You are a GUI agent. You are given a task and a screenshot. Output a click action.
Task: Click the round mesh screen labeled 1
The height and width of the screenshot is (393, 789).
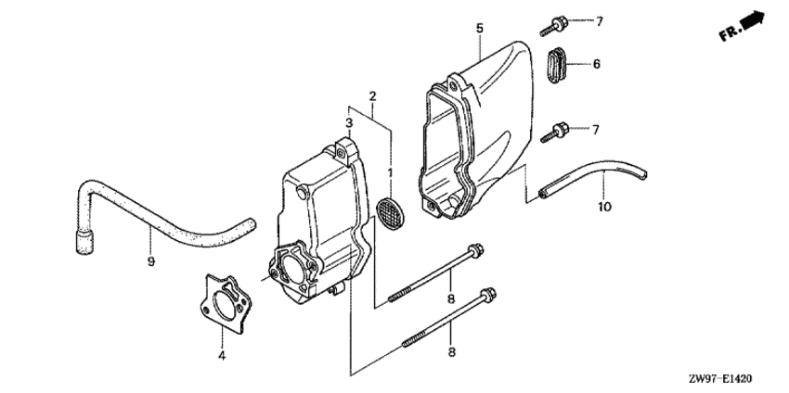coord(391,213)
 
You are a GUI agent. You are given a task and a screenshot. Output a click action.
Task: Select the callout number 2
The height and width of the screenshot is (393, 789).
coord(372,96)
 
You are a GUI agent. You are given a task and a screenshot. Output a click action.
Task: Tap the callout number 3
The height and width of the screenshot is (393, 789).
coord(349,122)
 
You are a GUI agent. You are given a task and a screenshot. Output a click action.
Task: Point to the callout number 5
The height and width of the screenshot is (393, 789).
coord(480,28)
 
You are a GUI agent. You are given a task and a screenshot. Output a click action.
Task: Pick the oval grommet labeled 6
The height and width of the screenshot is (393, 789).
coord(556,65)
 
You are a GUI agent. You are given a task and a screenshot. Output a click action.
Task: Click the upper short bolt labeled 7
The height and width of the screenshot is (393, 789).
coord(554,26)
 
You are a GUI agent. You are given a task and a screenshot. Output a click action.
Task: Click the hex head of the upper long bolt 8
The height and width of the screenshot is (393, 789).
coord(475,249)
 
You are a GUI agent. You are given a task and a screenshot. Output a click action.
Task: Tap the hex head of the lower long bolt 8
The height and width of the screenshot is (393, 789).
coord(488,294)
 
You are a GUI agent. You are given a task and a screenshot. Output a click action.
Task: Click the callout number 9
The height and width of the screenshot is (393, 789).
coord(151,261)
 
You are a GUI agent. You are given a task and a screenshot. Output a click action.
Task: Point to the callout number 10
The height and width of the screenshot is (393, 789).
coord(605,207)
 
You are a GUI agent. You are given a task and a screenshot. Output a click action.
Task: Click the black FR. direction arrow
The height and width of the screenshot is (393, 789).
coord(752,21)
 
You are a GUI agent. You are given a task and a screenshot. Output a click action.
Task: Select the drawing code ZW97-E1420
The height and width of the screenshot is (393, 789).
coord(721,378)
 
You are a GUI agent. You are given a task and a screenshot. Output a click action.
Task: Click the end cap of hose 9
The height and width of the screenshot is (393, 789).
coord(85,242)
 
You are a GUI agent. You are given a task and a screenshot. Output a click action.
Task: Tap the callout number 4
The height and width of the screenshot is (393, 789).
coord(222,356)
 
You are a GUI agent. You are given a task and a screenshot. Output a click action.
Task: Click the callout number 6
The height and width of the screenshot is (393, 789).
coord(597,64)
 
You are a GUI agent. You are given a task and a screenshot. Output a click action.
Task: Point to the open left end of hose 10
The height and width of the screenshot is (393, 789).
coord(542,194)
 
